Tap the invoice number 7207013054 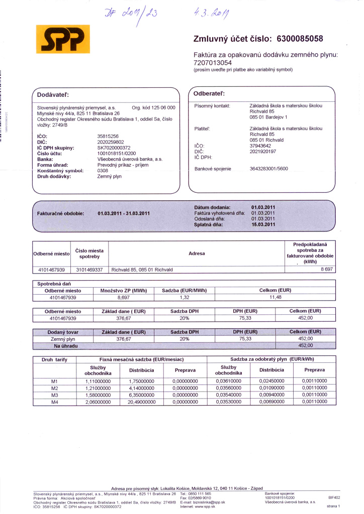click(213, 63)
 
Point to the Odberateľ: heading click(209, 93)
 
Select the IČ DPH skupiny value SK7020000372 click(114, 148)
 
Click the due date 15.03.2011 click(263, 224)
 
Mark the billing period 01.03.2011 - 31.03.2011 click(124, 213)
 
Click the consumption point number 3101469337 click(89, 270)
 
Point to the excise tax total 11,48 click(274, 297)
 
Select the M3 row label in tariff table click(55, 395)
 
